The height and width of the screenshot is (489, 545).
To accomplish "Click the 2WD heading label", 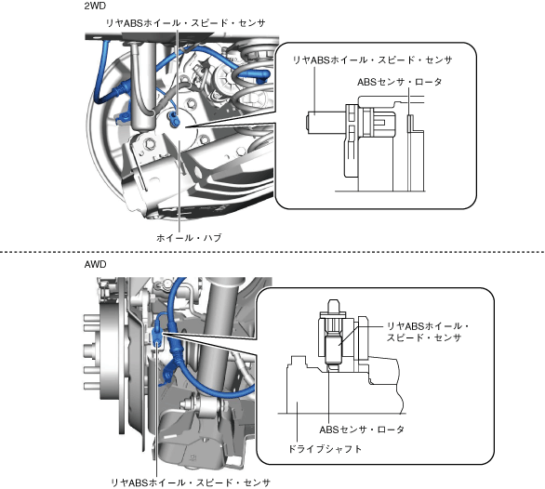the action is (95, 6).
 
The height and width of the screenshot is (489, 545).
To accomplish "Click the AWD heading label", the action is (95, 264).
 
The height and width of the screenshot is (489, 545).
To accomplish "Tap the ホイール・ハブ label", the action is (189, 238).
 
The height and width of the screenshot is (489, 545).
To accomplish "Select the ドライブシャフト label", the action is (325, 449).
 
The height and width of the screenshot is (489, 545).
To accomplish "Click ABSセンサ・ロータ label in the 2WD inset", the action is (400, 82).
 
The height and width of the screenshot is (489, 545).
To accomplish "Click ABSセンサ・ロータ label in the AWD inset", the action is (362, 430).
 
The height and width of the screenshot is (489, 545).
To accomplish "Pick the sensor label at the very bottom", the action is (191, 482).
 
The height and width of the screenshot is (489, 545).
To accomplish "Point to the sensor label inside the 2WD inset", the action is (372, 60).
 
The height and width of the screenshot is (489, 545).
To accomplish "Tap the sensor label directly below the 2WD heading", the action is (186, 23).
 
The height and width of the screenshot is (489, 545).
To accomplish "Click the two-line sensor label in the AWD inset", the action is (428, 332).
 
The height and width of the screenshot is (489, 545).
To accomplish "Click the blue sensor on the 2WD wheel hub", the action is (173, 118).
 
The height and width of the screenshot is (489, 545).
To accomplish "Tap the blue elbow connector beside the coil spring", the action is (253, 74).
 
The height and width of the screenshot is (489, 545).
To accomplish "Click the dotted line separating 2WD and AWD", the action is (272, 252).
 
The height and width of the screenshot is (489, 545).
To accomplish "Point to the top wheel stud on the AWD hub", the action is (89, 318).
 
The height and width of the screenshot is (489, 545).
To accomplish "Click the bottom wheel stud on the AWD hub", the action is (89, 386).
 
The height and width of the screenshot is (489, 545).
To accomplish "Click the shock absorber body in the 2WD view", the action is (143, 86).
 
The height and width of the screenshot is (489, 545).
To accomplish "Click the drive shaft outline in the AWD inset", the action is (344, 386).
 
